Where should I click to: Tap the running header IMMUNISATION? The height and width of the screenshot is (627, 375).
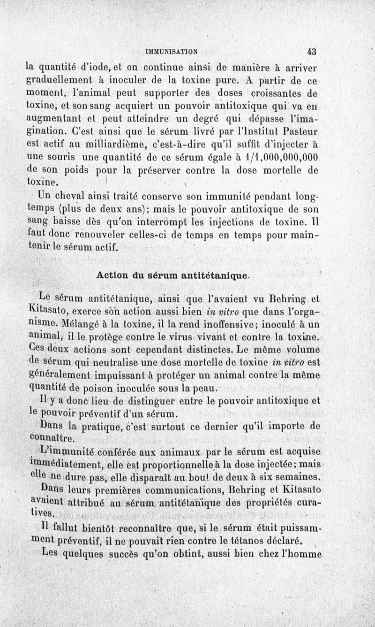coord(171,52)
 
